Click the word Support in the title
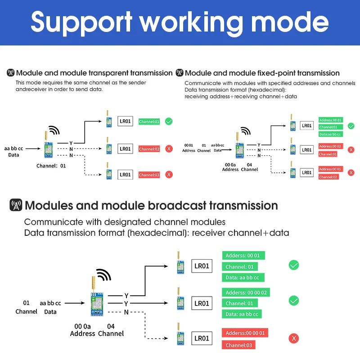pos(81,22)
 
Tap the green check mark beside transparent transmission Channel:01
pos(169,121)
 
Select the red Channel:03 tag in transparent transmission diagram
pos(149,175)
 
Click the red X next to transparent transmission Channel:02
pos(169,148)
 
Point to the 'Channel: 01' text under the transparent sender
pos(51,166)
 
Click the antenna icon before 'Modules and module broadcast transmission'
pos(16,206)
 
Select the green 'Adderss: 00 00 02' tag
pos(246,292)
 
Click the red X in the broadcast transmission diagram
pos(294,338)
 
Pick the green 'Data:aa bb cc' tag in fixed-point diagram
pos(330,134)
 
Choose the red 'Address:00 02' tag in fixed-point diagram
pos(330,146)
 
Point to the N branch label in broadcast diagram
pos(126,312)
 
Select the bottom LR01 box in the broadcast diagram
pos(202,338)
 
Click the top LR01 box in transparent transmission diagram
pos(125,121)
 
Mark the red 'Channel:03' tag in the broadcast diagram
pos(238,345)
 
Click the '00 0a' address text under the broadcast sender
pos(83,326)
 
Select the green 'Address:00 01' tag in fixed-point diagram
pos(330,120)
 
